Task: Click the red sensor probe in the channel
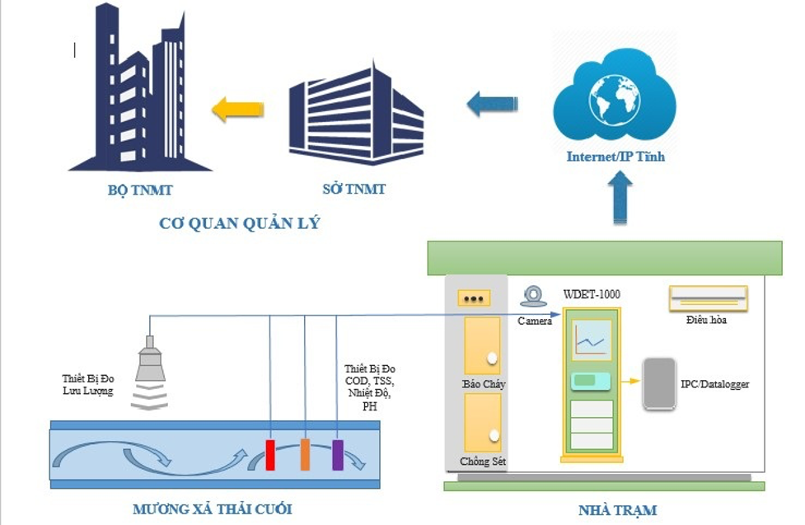tap(269, 455)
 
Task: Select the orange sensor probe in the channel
tap(305, 455)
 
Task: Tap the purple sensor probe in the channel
tap(338, 455)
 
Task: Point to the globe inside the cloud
tap(614, 101)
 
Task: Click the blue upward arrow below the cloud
tap(622, 198)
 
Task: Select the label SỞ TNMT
tap(353, 190)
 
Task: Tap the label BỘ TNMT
tap(140, 190)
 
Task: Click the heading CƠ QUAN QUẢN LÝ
tap(239, 223)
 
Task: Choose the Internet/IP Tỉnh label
tap(615, 157)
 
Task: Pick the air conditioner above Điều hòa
tap(708, 298)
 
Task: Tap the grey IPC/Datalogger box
tap(659, 383)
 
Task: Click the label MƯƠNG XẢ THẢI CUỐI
tap(212, 509)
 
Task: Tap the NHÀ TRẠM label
tap(619, 510)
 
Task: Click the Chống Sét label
tap(483, 462)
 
